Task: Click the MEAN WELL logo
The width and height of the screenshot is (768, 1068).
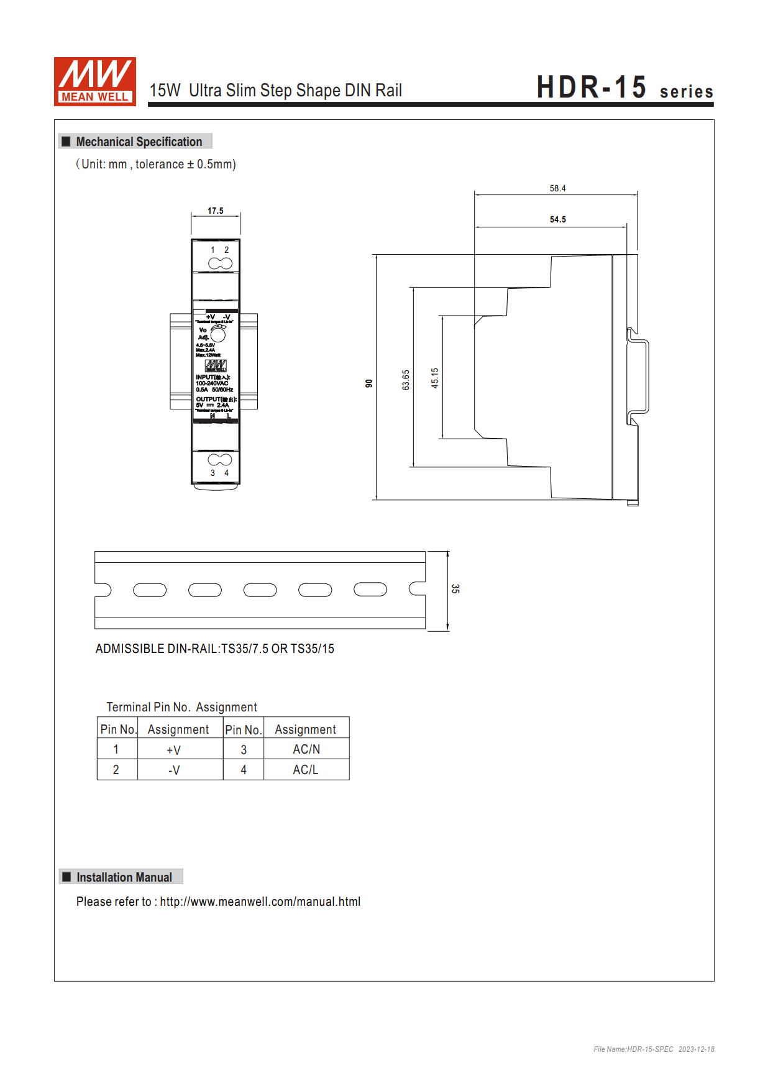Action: click(94, 81)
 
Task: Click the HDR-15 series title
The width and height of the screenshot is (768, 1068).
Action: click(624, 88)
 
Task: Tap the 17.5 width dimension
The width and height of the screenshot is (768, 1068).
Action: click(215, 211)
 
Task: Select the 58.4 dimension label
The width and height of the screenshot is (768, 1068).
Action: click(557, 188)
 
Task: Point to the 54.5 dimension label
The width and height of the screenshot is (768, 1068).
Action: click(557, 219)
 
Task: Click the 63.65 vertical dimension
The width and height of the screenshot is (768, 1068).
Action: click(406, 380)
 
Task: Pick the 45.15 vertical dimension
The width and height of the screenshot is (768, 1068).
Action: click(434, 378)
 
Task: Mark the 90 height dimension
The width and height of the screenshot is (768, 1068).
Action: click(369, 383)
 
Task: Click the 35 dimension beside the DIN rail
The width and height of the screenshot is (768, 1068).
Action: click(455, 588)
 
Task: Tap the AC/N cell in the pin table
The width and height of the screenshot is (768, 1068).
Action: click(306, 749)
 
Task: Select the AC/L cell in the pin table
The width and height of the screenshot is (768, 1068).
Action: click(306, 770)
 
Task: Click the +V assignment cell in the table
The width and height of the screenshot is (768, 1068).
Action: click(174, 750)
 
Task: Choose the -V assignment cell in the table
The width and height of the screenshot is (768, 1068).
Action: click(174, 770)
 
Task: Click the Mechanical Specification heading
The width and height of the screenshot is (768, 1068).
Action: click(139, 142)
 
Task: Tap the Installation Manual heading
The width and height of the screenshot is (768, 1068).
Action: click(124, 877)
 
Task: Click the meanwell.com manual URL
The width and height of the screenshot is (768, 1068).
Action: click(260, 901)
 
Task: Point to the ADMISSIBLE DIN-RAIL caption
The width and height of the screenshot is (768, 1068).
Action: click(214, 649)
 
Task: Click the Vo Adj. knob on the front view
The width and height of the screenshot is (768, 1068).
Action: click(218, 334)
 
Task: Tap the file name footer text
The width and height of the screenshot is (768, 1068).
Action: click(653, 1049)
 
